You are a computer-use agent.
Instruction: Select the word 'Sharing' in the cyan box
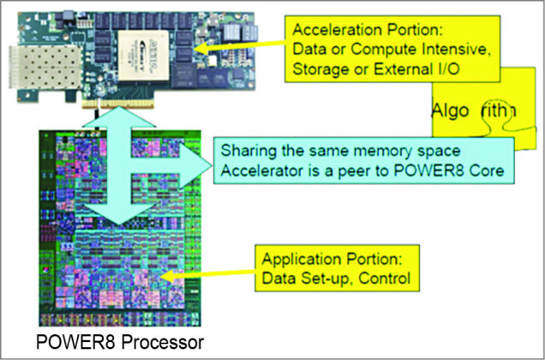pos(247,153)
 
